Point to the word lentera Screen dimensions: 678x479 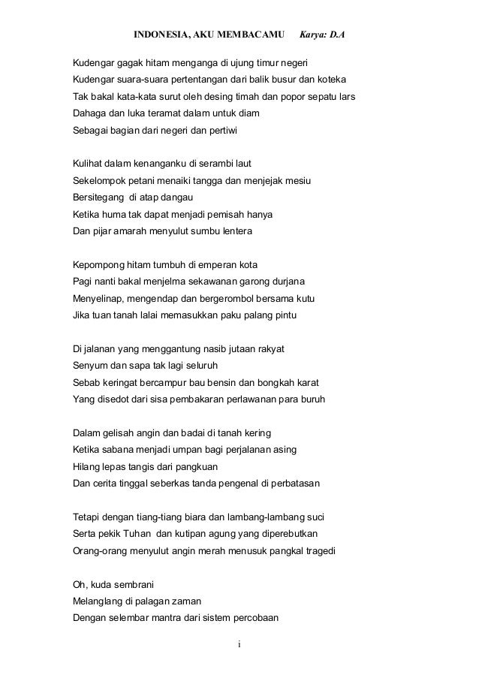pyautogui.click(x=236, y=232)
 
